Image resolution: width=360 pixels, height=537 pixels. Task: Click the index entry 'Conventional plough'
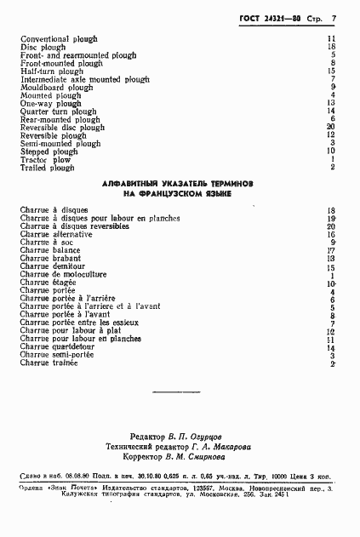pos(59,39)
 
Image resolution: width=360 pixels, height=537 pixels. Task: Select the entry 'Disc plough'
pos(43,47)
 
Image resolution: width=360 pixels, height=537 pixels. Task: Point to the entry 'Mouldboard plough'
pos(56,87)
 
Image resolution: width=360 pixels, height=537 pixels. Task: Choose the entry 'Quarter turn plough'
pos(56,111)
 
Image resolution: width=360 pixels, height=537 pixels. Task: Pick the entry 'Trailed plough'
pos(48,168)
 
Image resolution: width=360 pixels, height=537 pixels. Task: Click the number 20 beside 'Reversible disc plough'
pos(331,128)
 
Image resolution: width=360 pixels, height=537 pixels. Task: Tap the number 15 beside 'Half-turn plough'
pos(331,71)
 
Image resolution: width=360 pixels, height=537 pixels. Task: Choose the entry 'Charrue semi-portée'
pos(57,356)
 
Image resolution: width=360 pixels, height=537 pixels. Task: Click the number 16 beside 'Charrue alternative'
pos(331,234)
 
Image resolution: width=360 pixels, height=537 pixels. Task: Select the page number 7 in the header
pos(335,17)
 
